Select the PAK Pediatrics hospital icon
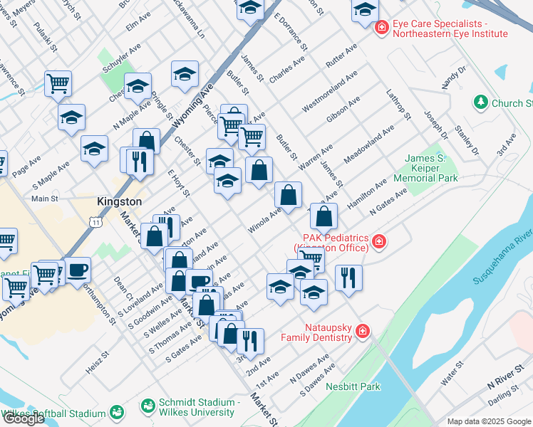click(x=379, y=241)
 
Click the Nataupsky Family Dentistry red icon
click(x=362, y=331)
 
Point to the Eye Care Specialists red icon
click(x=382, y=28)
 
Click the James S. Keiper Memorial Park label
click(x=430, y=168)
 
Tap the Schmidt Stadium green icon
click(x=148, y=406)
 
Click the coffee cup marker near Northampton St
click(x=78, y=270)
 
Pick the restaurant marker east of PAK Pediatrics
click(x=348, y=276)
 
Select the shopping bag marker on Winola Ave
click(x=288, y=194)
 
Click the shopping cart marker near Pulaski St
click(x=58, y=83)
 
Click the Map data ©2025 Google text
click(x=489, y=421)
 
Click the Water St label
click(x=452, y=373)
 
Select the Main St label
click(x=44, y=199)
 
